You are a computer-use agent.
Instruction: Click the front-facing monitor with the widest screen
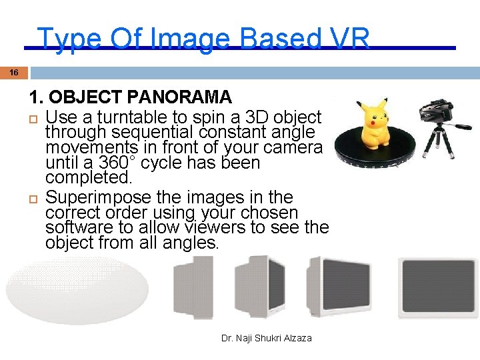[437, 288]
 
